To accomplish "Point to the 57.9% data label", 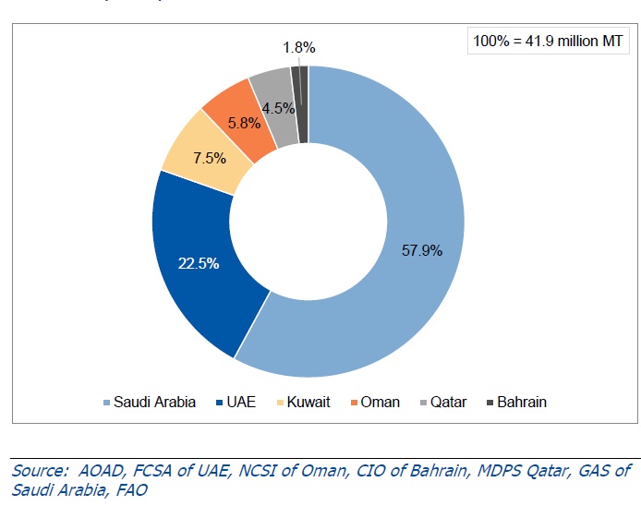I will (x=422, y=249).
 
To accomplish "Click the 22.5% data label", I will (x=198, y=264).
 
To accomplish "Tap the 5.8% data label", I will (x=245, y=121).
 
